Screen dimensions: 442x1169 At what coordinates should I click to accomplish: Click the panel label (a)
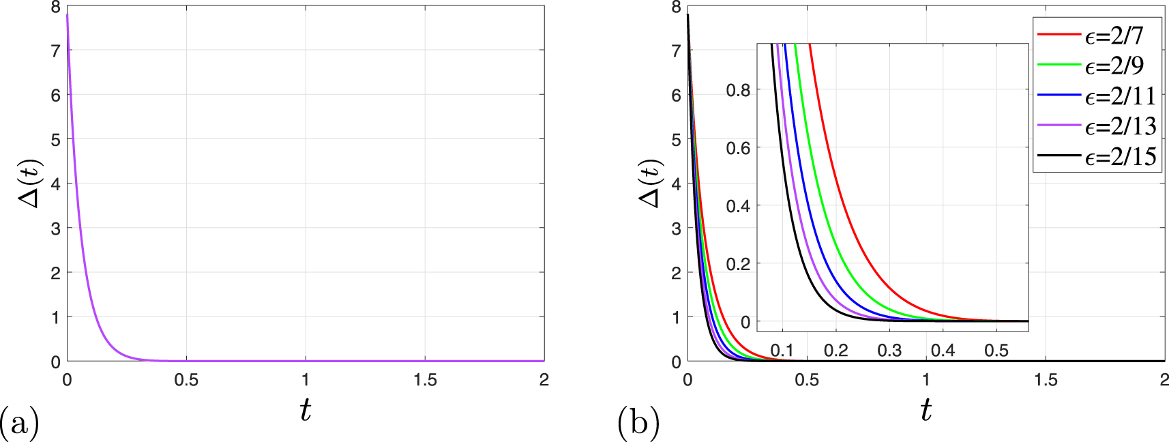pyautogui.click(x=19, y=423)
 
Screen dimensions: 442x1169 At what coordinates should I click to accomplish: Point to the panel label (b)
pyautogui.click(x=638, y=423)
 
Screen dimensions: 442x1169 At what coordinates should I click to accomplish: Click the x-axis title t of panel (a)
pyautogui.click(x=305, y=410)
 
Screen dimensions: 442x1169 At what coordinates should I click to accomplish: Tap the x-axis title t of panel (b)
pyautogui.click(x=926, y=410)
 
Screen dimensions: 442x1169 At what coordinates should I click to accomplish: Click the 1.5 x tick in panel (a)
pyautogui.click(x=425, y=380)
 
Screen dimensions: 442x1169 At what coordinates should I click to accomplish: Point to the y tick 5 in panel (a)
pyautogui.click(x=55, y=140)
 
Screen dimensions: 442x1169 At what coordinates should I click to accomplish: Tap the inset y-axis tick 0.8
pyautogui.click(x=738, y=90)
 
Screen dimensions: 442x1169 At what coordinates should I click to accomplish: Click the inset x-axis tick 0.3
pyautogui.click(x=889, y=351)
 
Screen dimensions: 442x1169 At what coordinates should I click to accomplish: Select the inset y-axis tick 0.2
pyautogui.click(x=738, y=264)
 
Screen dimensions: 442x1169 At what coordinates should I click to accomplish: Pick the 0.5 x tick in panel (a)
pyautogui.click(x=186, y=380)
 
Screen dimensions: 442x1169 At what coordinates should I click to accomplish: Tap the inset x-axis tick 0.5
pyautogui.click(x=996, y=351)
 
